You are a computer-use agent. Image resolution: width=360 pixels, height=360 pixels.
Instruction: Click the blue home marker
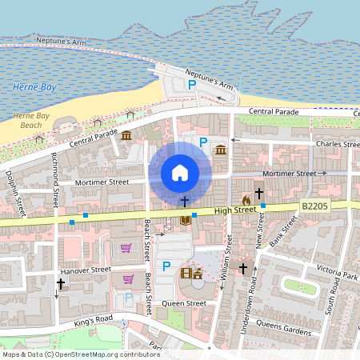[x=180, y=172]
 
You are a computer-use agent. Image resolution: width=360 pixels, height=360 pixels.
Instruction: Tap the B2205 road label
[x=315, y=206]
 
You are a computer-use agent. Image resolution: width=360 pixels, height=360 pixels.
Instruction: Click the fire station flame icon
[x=246, y=198]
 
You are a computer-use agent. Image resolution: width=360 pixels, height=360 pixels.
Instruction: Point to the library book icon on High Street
[x=186, y=220]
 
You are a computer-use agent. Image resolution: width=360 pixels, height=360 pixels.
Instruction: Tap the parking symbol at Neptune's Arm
[x=191, y=84]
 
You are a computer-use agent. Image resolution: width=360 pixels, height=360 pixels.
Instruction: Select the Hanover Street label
[x=86, y=270]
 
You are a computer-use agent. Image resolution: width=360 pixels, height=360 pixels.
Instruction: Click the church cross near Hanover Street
[x=61, y=283]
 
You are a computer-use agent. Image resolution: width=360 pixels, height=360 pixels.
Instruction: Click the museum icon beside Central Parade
[x=126, y=136]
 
